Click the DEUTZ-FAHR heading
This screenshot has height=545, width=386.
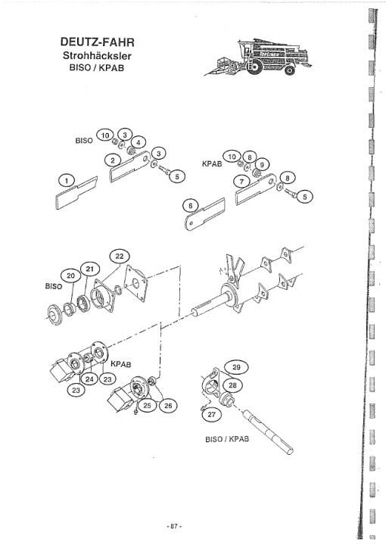pos(98,42)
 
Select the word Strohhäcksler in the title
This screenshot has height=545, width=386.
pos(97,55)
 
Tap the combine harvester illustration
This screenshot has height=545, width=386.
pos(258,57)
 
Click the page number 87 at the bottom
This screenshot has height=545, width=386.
pos(174,526)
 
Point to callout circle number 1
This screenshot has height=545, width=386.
pos(67,180)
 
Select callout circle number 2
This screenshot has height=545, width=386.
pos(112,160)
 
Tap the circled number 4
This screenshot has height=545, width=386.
pos(139,142)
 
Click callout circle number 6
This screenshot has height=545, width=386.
pos(191,206)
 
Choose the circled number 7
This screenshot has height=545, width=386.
pos(242,181)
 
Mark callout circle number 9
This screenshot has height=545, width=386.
pos(263,164)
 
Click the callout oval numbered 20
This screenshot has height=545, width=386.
pos(70,276)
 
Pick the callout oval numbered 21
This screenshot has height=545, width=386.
pos(89,269)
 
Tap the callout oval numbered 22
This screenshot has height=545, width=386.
pos(119,257)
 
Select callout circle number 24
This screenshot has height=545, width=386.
pos(89,379)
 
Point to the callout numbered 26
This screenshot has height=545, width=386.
pos(168,405)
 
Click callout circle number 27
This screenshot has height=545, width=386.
pos(212,414)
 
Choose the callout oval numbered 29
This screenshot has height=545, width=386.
pos(236,367)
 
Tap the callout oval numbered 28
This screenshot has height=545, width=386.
pos(232,385)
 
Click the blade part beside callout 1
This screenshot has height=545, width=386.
pos(76,193)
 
